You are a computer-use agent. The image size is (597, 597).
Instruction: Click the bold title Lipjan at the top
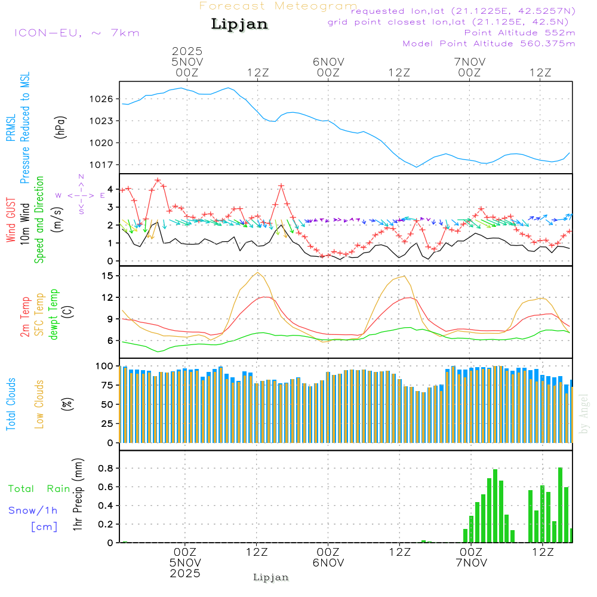(x=239, y=24)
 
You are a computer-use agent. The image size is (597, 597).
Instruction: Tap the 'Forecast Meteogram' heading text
(x=278, y=6)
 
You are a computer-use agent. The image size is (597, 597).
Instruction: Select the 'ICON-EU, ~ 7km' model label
(x=76, y=33)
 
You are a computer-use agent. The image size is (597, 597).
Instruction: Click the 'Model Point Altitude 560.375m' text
(x=489, y=44)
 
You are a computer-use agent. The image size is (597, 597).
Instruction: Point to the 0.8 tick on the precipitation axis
(x=106, y=467)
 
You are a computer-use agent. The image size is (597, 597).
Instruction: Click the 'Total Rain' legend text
(x=39, y=488)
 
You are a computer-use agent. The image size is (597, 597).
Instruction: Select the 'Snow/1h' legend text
(x=33, y=510)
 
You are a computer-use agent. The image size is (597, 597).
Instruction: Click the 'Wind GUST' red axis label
(x=11, y=213)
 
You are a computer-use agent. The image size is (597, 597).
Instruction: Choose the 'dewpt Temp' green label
(x=54, y=314)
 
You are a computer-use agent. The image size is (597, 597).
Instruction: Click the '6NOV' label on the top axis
(x=328, y=62)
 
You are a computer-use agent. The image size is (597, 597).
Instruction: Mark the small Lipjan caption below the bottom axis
(x=271, y=577)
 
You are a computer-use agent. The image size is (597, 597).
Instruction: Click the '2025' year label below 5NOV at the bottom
(x=185, y=573)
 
